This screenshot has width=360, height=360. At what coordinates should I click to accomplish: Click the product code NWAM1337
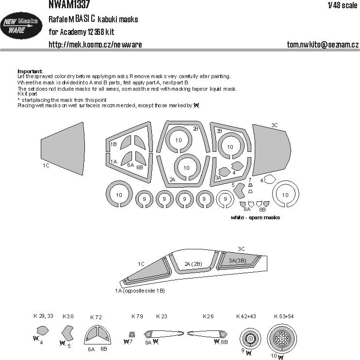(72, 4)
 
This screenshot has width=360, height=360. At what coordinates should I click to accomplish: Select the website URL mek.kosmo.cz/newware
(95, 45)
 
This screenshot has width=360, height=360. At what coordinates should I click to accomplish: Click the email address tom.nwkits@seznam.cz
(323, 45)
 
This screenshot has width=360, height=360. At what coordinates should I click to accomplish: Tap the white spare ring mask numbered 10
(285, 195)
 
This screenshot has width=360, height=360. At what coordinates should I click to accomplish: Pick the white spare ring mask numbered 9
(225, 198)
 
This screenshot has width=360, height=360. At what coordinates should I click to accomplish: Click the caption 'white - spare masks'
(256, 218)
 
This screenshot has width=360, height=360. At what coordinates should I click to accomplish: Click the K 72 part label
(96, 317)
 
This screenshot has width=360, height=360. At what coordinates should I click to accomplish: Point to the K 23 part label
(162, 316)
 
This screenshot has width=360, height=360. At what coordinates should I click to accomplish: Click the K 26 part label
(208, 316)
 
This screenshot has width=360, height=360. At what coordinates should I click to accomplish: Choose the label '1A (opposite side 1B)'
(140, 290)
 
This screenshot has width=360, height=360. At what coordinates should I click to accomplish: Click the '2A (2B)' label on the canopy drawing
(193, 263)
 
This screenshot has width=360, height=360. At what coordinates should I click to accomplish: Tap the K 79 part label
(137, 316)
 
